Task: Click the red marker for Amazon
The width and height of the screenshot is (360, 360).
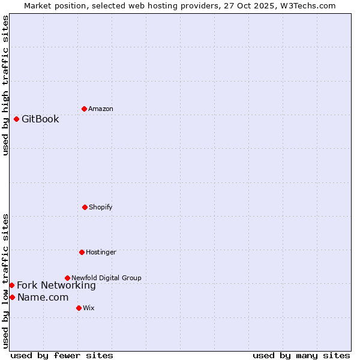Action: click(x=84, y=109)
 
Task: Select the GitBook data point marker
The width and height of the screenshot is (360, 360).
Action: click(x=16, y=119)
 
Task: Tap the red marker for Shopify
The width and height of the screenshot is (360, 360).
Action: click(x=85, y=207)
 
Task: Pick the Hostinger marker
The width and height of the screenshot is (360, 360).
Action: click(x=82, y=252)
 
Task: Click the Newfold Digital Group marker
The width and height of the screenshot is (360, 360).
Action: click(x=67, y=278)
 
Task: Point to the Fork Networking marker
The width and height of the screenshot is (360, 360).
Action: click(x=11, y=285)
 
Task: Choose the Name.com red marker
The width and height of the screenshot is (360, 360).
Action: click(x=12, y=297)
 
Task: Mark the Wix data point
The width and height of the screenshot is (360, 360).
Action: click(x=79, y=308)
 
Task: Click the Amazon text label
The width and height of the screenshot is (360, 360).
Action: click(x=101, y=109)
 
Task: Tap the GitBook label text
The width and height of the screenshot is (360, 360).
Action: click(x=40, y=119)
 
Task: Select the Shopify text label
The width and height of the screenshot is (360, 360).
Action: click(x=101, y=207)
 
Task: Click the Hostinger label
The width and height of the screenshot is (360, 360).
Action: click(x=101, y=252)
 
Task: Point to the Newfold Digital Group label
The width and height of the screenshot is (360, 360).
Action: click(x=106, y=278)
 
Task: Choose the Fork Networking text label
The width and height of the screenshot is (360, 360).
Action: click(x=56, y=285)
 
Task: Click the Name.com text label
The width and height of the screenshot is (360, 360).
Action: click(x=43, y=297)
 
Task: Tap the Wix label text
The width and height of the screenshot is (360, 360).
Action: click(x=89, y=308)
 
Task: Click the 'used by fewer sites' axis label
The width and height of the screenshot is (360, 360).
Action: click(x=62, y=355)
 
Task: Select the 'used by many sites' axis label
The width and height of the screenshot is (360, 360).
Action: click(x=301, y=355)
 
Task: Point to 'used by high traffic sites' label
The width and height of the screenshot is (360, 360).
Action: click(x=5, y=85)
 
